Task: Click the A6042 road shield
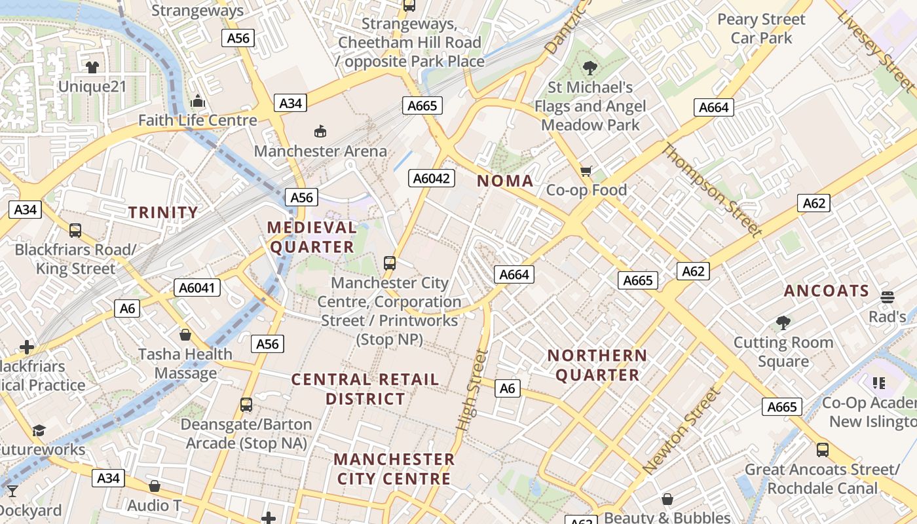click(x=432, y=178)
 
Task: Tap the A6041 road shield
click(x=197, y=288)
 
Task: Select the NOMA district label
click(x=505, y=181)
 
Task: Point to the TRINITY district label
click(x=163, y=212)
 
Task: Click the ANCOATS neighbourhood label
click(x=827, y=291)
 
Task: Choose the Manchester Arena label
click(x=320, y=151)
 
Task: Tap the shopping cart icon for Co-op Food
click(x=586, y=171)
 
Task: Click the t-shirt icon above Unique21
click(x=92, y=67)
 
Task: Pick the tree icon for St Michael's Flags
click(x=589, y=67)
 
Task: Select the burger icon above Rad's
click(x=888, y=297)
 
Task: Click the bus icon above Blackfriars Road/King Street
click(x=75, y=231)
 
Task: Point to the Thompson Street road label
click(x=711, y=190)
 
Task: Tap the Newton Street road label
click(x=683, y=431)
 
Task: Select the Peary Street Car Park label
click(x=761, y=29)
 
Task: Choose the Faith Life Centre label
click(x=197, y=121)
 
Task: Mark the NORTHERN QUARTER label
click(x=597, y=365)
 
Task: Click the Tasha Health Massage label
click(x=185, y=364)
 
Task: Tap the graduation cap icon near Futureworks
click(x=39, y=430)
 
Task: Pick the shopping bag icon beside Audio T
click(x=155, y=486)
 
